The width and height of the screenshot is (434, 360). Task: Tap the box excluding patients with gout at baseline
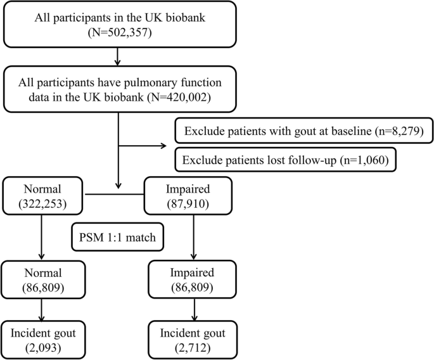point(300,132)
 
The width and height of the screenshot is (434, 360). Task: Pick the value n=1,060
point(368,158)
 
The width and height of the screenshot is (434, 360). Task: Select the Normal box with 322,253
point(42,195)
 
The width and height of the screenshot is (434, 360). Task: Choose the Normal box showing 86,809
point(42,280)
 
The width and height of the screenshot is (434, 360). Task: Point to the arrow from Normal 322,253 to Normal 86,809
point(42,237)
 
